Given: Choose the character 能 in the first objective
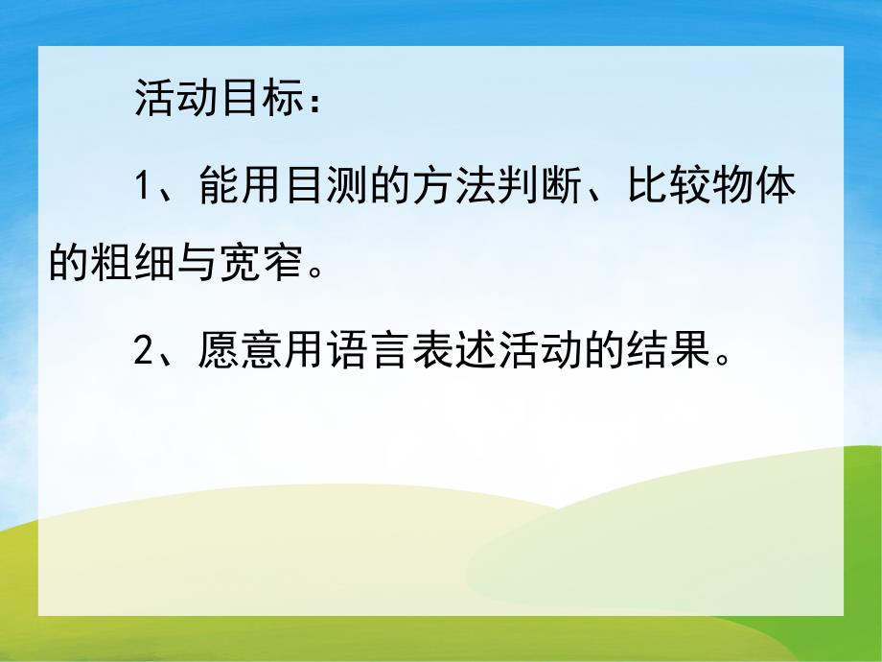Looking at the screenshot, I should (218, 186).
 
